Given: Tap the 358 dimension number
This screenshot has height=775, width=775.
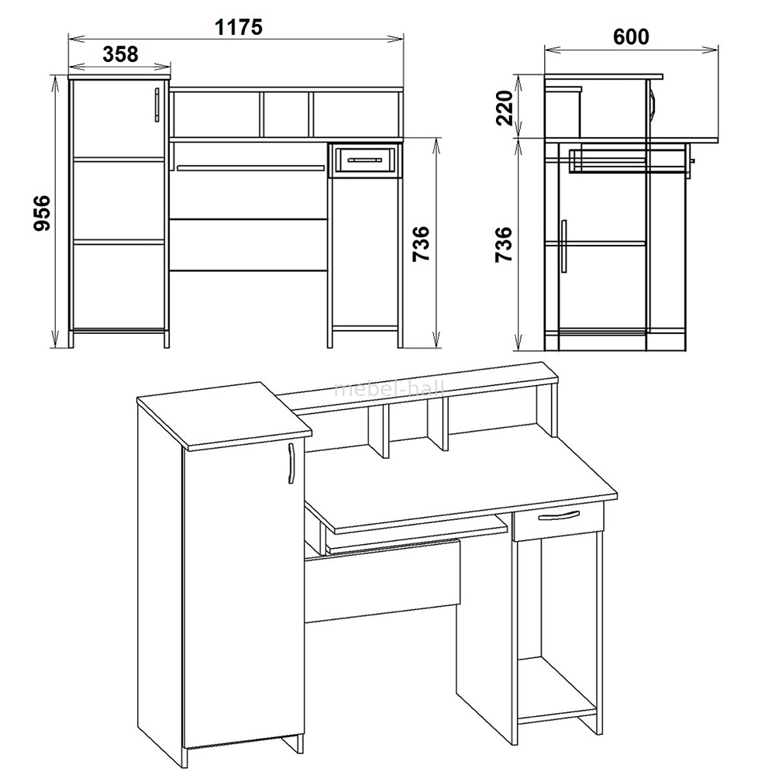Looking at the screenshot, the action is coord(120,54).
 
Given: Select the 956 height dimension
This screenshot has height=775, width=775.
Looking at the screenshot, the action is coord(42,213).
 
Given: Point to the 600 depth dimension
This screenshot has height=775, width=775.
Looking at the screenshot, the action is coord(631,36).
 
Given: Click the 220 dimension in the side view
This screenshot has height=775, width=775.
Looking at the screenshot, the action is coord(505,108).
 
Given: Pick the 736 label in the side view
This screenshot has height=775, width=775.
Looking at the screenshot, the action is coord(504,245).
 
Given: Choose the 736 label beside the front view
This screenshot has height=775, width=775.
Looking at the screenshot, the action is coord(421,245).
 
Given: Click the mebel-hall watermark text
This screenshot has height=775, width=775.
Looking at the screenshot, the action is coord(390,390).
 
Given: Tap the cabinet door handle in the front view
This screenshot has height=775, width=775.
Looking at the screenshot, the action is coord(157,105).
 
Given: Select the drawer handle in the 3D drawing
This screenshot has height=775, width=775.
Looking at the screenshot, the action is coord(559,515).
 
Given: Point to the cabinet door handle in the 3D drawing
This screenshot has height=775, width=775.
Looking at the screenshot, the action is coord(291,463).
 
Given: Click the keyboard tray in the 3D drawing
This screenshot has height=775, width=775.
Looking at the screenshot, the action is coord(418,537).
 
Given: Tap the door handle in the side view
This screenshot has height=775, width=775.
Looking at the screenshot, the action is coord(564,246).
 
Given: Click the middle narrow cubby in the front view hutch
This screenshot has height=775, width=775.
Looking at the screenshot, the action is coord(286,114).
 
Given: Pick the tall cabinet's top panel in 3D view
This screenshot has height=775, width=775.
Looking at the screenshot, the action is coord(224,416).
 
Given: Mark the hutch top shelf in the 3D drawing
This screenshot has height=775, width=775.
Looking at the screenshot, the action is coord(418,389).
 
